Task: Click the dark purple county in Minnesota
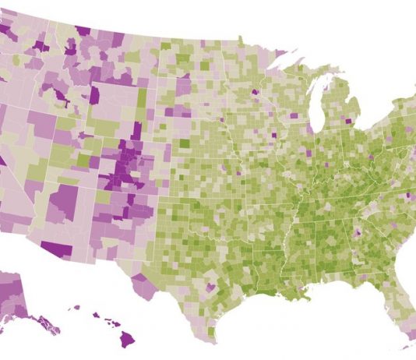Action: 255,91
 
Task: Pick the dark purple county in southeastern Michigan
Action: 347,122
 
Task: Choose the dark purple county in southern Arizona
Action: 55,249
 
